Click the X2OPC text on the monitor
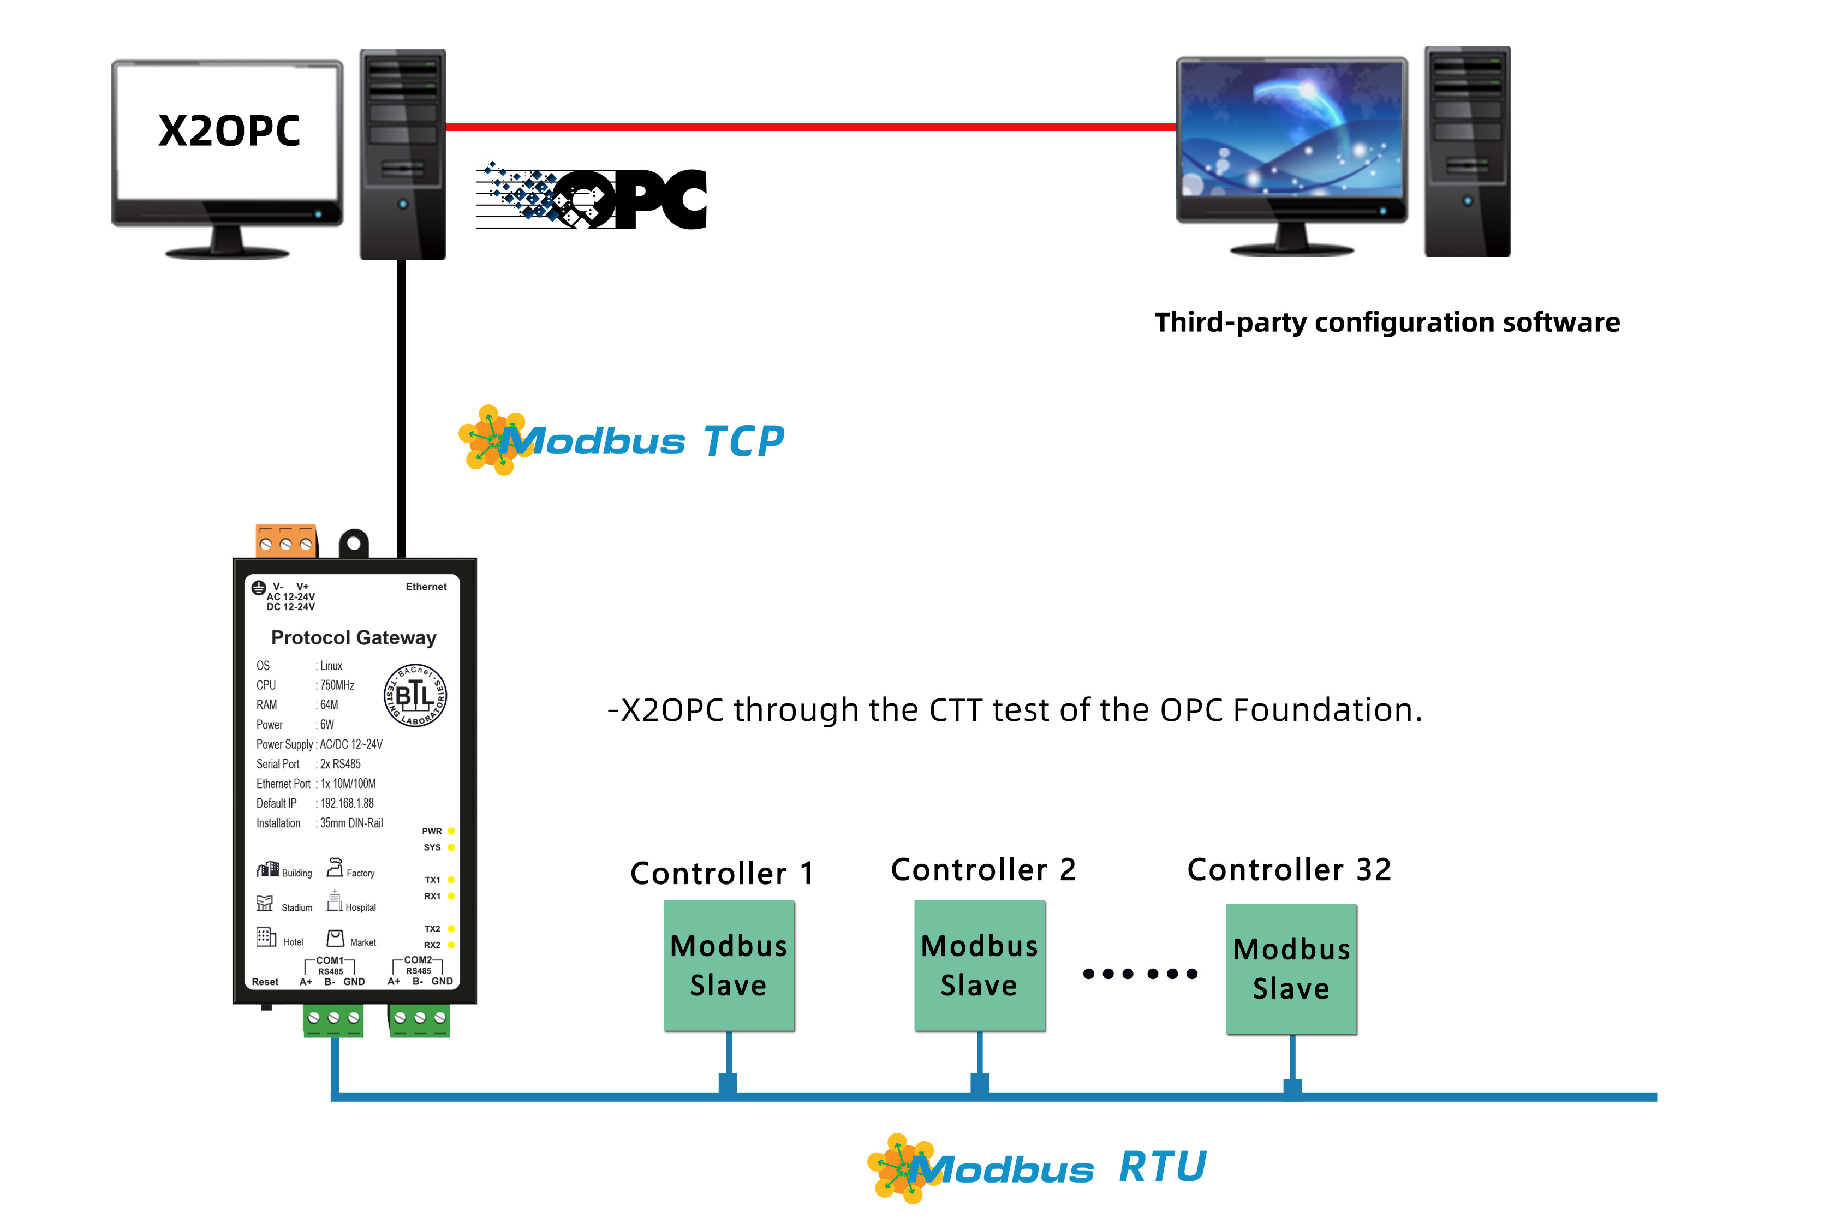229,130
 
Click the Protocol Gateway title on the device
353,638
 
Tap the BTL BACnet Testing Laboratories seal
415,695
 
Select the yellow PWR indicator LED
451,831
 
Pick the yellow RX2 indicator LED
451,945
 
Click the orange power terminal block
286,541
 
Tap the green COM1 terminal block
333,1019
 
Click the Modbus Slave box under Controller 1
729,966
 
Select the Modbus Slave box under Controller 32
1291,969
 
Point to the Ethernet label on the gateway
426,587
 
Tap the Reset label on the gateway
265,982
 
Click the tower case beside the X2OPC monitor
402,154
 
